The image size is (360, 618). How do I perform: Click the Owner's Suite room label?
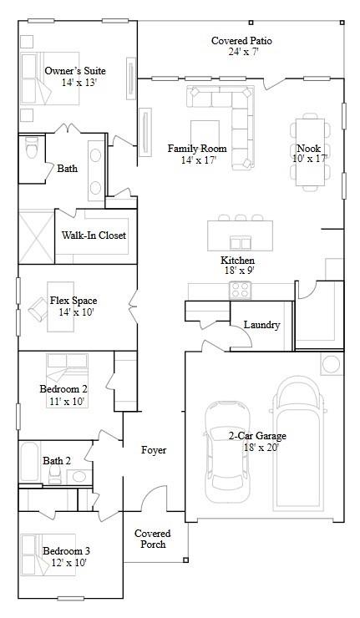[x=74, y=72]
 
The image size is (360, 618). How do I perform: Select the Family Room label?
[x=197, y=149]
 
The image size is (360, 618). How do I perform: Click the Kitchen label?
[x=237, y=260]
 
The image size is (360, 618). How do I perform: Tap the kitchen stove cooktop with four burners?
[x=241, y=290]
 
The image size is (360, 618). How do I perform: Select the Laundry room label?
[x=261, y=325]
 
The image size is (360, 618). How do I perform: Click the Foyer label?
[x=153, y=450]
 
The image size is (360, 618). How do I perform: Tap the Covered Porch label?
[x=153, y=539]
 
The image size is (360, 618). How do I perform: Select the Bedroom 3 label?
[x=66, y=551]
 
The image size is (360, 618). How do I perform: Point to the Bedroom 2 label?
[x=63, y=389]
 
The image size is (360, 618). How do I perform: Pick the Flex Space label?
[x=74, y=301]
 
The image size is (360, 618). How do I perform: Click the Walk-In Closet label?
[x=94, y=236]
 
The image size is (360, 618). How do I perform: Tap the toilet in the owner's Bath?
[x=33, y=148]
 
